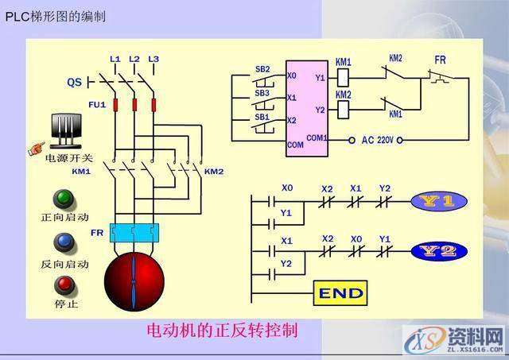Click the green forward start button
coord(60,199)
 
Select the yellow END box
coord(341,293)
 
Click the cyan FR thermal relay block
coord(134,232)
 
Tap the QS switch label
coord(74,82)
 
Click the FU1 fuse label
coord(75,104)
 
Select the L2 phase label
coord(134,60)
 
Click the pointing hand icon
coord(36,148)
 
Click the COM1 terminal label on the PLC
coord(317,137)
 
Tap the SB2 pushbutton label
coord(262,68)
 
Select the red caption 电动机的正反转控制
coord(223,330)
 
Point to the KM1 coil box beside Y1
coord(344,77)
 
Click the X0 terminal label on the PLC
coord(292,75)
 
